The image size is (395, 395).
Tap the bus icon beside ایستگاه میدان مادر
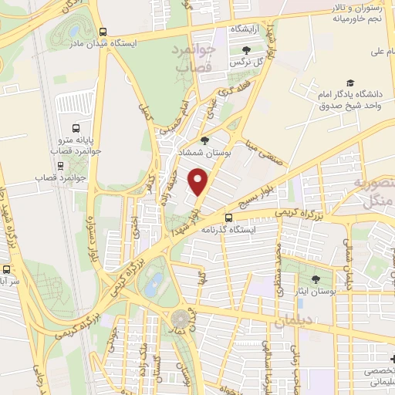pos(103,32)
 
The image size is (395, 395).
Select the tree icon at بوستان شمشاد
pos(204,140)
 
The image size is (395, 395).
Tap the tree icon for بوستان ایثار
pos(315,279)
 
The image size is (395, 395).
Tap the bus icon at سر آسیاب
pos(7,271)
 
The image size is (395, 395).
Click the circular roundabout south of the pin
pos(181,318)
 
